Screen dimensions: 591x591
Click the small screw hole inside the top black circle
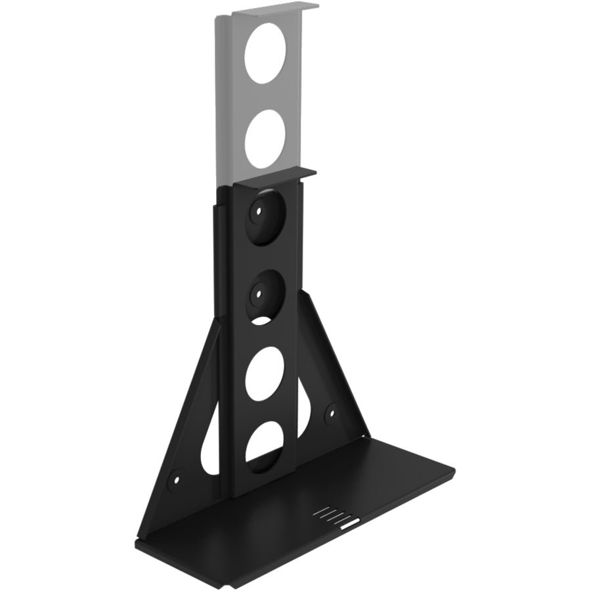point(259,212)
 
